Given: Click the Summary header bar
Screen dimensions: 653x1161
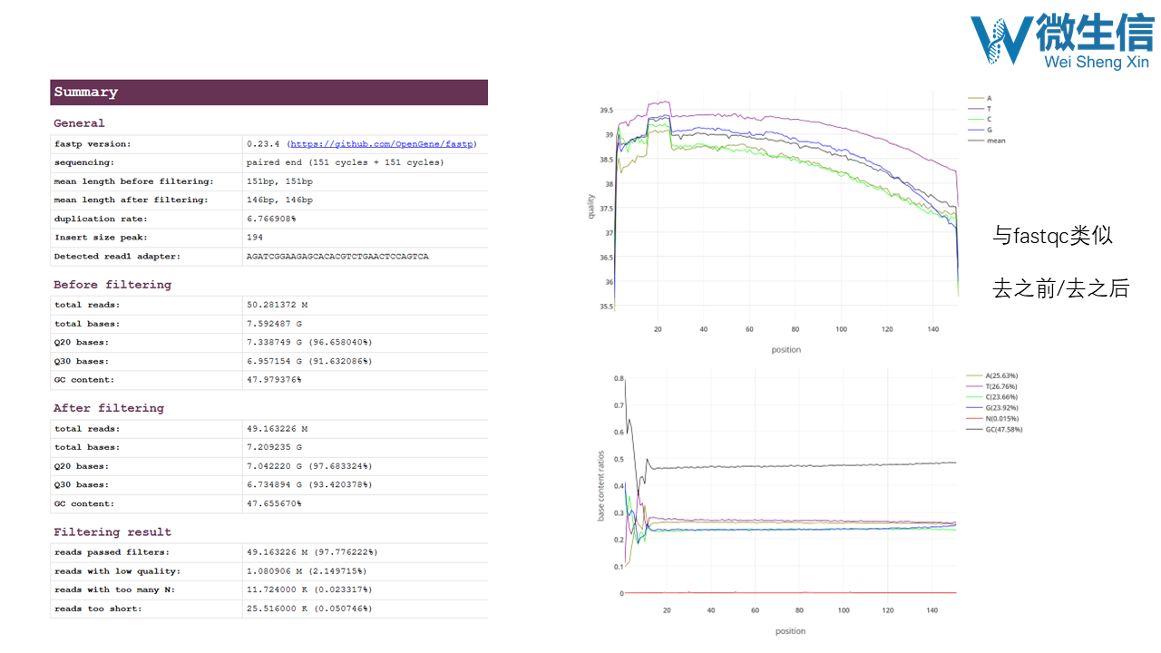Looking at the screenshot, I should [268, 93].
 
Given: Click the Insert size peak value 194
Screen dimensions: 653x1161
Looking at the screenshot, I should [255, 238].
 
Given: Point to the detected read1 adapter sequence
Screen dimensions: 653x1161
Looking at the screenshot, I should [337, 257].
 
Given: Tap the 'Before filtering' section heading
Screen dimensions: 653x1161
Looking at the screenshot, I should [112, 285].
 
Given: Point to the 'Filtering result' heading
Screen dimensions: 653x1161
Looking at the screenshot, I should [112, 532].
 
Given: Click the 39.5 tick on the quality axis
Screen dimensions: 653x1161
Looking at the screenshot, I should [607, 111].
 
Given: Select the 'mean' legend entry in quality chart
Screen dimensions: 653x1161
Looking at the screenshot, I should [995, 141].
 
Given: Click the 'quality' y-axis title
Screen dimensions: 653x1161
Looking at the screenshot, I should [590, 206].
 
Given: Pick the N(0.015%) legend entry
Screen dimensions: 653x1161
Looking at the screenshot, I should [1000, 419].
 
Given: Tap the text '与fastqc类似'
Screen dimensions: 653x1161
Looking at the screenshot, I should [1052, 237].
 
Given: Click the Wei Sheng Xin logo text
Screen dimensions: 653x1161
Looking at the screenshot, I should [1096, 62].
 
